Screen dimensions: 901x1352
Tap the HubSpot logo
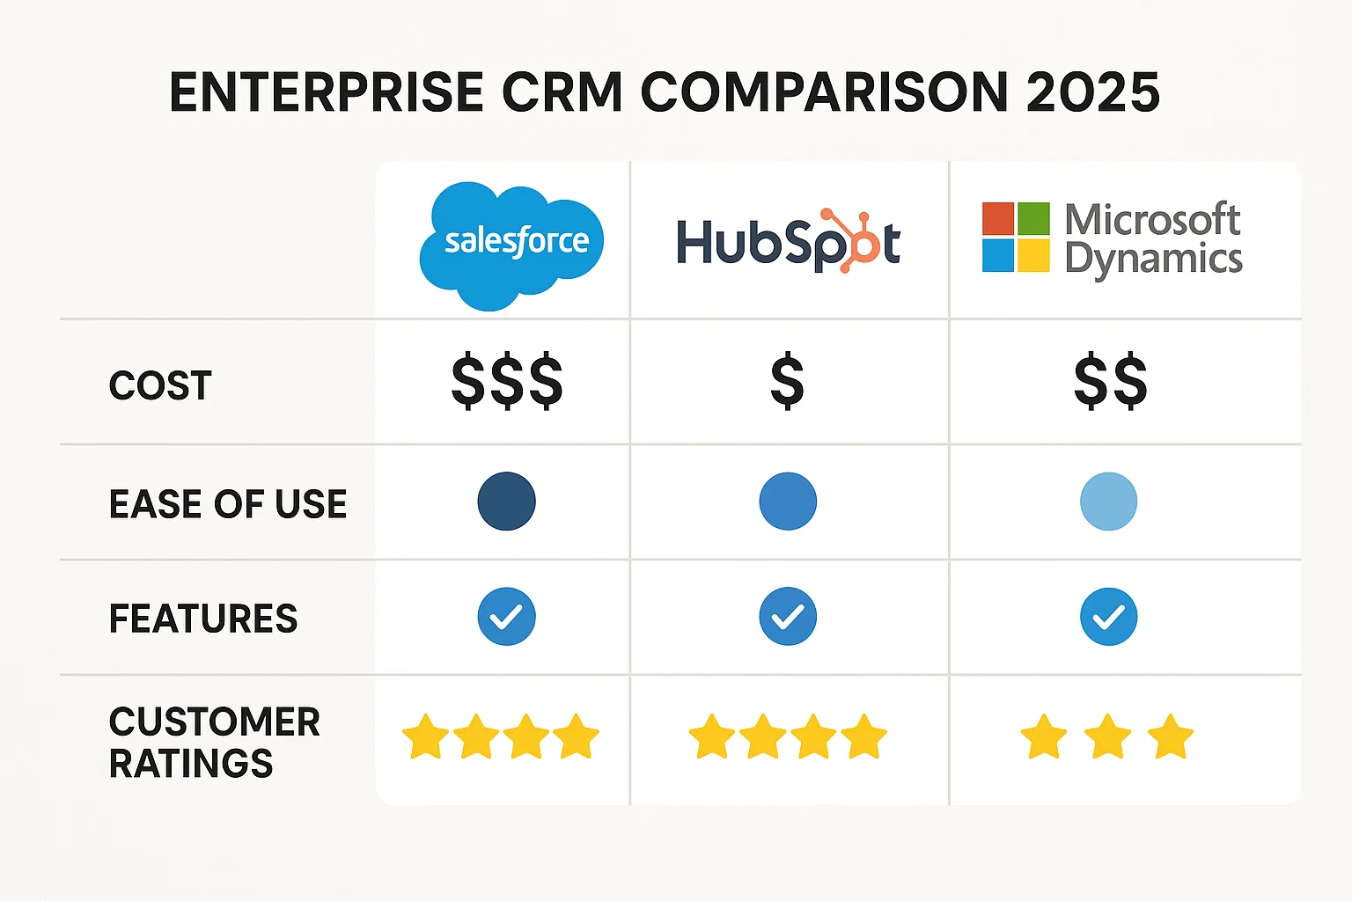788,241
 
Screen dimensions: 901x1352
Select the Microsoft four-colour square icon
1016,237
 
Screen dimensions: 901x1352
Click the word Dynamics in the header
1153,260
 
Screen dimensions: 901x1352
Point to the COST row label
160,385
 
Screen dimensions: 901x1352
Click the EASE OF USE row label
228,504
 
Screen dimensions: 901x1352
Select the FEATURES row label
203,619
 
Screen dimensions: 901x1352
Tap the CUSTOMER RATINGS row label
214,742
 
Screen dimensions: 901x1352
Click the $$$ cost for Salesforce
506,382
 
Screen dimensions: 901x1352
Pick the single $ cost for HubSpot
787,382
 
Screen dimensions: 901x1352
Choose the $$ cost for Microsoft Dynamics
1110,382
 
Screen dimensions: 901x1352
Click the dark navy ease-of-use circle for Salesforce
506,502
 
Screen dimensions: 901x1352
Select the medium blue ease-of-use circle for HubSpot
788,502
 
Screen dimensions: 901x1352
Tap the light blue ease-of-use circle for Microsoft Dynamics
1108,502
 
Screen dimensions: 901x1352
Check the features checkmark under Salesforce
506,617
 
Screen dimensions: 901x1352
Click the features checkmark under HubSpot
788,617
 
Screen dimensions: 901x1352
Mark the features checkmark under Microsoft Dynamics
1108,617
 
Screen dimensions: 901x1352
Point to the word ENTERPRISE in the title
327,92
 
